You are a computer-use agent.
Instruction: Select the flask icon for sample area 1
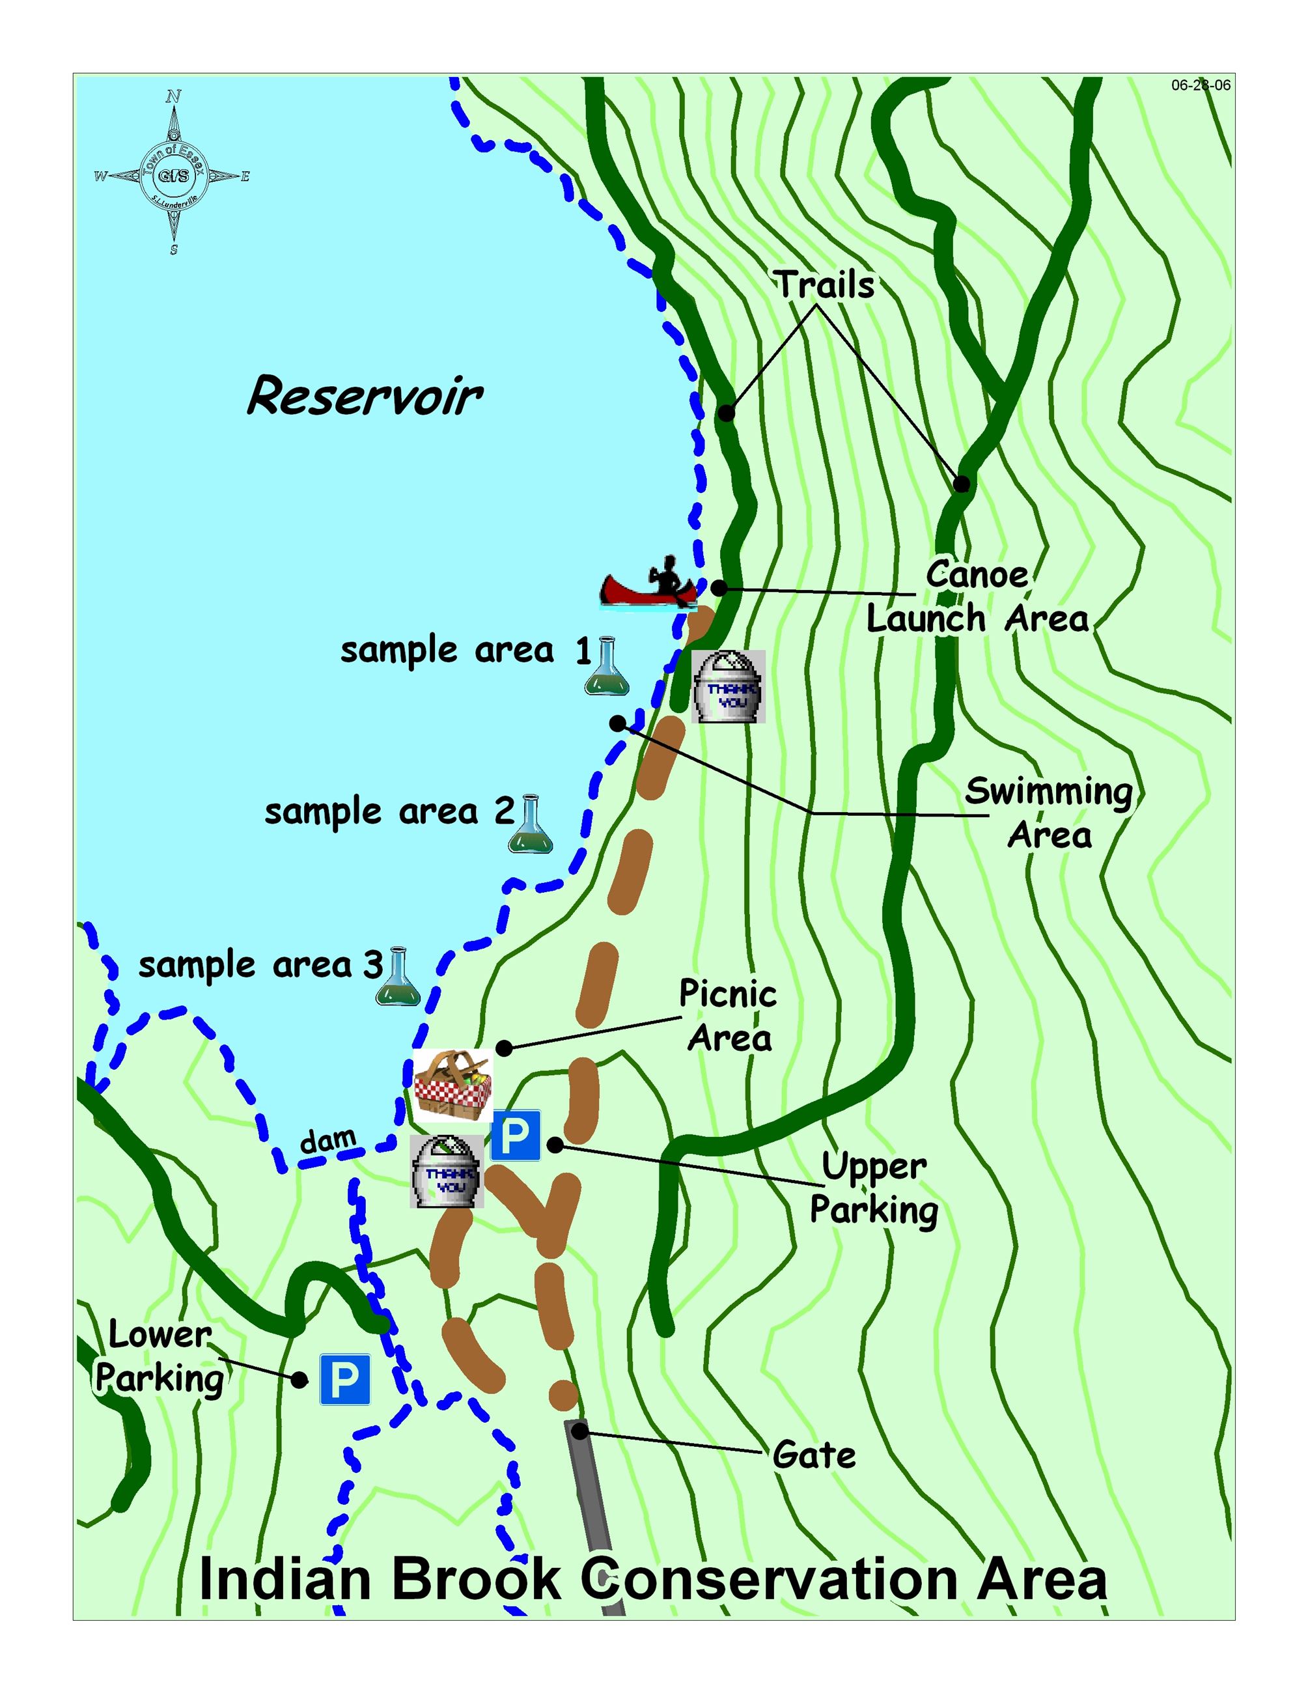click(x=606, y=666)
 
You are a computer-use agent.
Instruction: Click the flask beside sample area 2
click(x=531, y=825)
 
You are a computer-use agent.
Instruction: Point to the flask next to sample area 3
click(x=398, y=977)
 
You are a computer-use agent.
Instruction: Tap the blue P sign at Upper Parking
click(x=515, y=1136)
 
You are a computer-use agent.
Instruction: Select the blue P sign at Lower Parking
click(x=345, y=1380)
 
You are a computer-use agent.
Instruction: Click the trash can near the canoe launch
click(x=728, y=687)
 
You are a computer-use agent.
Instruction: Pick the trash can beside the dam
click(x=447, y=1171)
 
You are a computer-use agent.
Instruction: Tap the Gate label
click(x=814, y=1455)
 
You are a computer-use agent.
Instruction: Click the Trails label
click(x=826, y=285)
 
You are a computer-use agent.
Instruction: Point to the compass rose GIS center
click(x=174, y=176)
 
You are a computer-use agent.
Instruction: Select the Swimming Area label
click(x=1049, y=813)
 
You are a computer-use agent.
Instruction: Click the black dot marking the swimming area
click(x=618, y=723)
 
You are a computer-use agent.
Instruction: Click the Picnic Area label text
click(x=729, y=1016)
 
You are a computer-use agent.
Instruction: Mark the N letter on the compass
click(x=174, y=97)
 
